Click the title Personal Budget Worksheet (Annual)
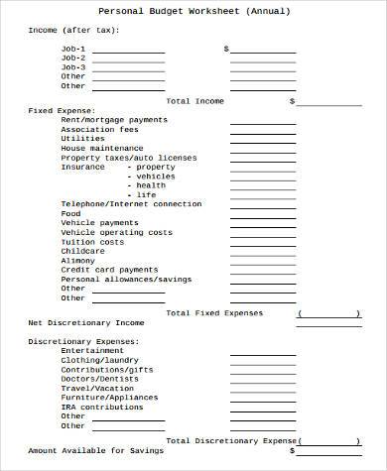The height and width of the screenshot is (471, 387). point(194,12)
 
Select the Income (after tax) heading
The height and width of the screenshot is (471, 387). point(73,30)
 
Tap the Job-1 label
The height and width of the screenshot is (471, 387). point(73,49)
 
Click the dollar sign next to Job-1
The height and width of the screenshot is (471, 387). point(226,49)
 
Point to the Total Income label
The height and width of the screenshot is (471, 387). point(194,101)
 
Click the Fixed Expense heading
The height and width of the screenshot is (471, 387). point(62,110)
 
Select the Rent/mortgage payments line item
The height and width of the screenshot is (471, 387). point(114,120)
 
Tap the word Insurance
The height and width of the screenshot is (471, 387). point(82,167)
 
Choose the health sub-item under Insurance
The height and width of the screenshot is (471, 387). point(151,185)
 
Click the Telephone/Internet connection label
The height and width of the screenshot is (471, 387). point(130,204)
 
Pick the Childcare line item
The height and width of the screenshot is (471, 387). point(82,251)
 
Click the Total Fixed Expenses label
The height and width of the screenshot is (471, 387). point(214,313)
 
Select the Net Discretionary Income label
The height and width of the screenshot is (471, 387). point(86,323)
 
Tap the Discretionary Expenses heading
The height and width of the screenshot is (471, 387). point(83,341)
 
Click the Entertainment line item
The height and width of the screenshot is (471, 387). point(92,350)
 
